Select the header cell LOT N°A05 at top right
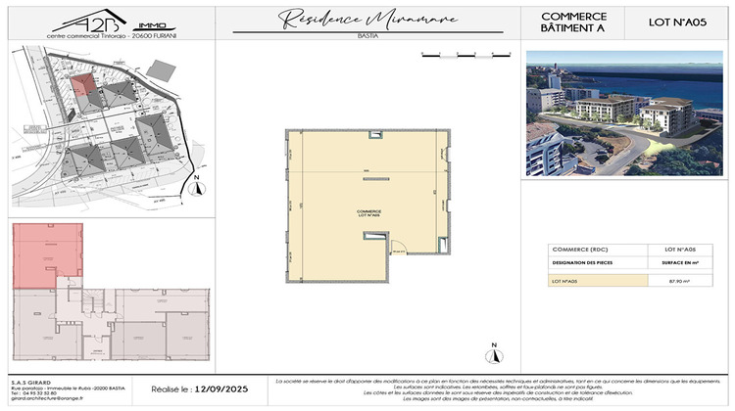point(681,22)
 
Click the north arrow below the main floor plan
point(496,349)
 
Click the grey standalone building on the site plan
point(158,71)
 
